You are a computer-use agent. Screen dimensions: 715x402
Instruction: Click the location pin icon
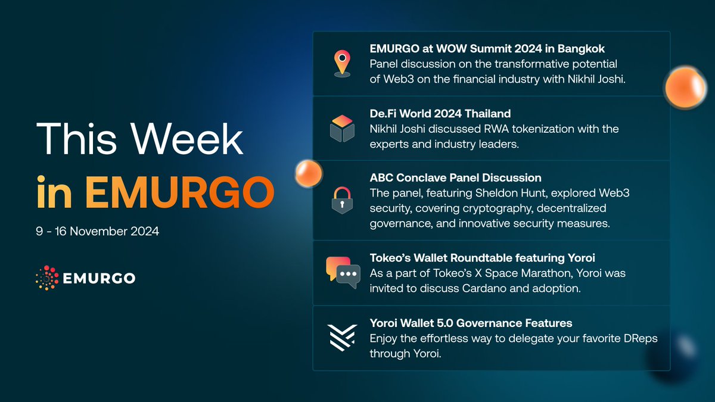click(342, 64)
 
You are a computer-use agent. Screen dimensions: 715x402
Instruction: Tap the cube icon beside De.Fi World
click(342, 129)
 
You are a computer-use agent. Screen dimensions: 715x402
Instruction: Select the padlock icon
click(342, 200)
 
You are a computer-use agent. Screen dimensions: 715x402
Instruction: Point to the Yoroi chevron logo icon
click(342, 338)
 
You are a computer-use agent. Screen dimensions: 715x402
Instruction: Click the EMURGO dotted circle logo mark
click(47, 278)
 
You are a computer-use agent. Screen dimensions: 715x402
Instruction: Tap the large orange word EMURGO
click(180, 192)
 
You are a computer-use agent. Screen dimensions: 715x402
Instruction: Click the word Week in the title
click(187, 139)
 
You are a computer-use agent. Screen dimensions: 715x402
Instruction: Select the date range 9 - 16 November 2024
click(97, 231)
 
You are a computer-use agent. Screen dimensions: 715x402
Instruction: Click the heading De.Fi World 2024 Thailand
click(440, 113)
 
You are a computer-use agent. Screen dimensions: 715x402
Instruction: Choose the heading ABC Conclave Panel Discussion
click(455, 177)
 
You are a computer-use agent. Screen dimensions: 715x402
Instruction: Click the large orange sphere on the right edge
click(685, 88)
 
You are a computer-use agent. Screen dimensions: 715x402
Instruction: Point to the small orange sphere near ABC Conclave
click(309, 173)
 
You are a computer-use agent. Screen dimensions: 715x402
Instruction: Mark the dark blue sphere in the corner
click(673, 355)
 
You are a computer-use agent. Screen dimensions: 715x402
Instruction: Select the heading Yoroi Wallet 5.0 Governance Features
click(471, 323)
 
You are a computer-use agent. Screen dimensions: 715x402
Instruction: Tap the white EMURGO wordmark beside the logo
click(99, 278)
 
